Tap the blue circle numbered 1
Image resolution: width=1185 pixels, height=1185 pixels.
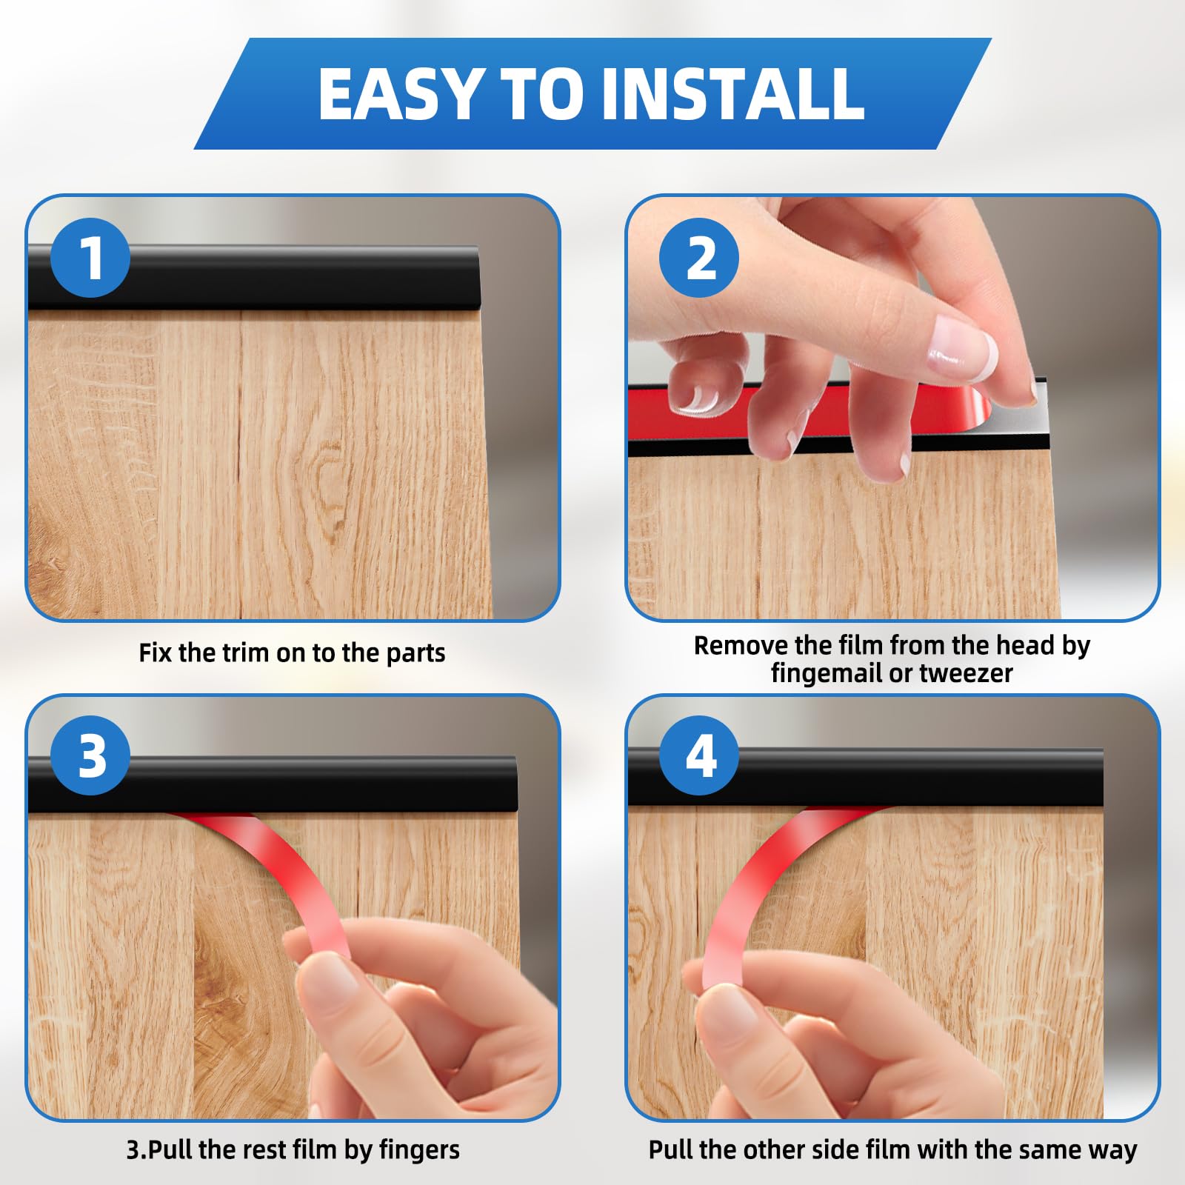90,258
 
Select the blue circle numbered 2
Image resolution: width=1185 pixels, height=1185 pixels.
699,258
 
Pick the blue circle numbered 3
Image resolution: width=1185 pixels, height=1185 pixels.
90,756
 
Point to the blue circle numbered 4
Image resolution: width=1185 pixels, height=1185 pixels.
699,756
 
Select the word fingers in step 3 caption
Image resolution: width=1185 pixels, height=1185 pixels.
419,1150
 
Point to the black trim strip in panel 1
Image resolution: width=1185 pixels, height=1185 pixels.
254,277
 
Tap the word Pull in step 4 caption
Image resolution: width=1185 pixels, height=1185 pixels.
670,1150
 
